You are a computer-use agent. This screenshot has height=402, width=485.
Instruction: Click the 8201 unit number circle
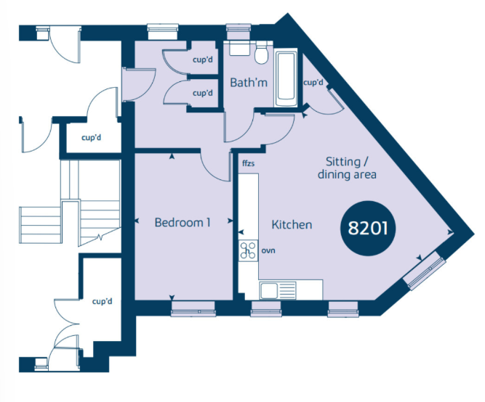click(x=368, y=228)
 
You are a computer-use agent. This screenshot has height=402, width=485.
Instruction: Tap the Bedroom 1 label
click(x=183, y=222)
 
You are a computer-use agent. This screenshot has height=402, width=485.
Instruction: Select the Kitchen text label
click(x=292, y=224)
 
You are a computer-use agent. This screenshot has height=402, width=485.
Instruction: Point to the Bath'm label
click(x=249, y=83)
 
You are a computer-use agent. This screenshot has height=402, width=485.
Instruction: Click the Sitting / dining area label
click(x=347, y=168)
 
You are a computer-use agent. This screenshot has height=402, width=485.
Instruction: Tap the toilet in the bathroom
click(x=262, y=52)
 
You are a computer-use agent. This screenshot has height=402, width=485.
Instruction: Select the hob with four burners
click(x=248, y=250)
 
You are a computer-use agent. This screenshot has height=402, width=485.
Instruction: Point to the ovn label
click(x=268, y=250)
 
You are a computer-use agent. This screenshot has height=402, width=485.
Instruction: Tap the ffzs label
click(x=249, y=163)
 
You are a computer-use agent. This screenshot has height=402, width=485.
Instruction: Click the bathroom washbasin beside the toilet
click(x=239, y=49)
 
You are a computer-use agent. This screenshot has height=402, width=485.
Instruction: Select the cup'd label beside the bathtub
click(x=313, y=83)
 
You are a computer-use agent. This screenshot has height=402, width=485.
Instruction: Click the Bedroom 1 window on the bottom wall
click(x=193, y=308)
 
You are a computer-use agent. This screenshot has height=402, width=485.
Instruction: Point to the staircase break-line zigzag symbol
click(x=100, y=237)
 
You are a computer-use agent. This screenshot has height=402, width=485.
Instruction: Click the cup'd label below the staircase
click(x=102, y=301)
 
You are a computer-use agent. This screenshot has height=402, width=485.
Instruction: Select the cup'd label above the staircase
click(x=91, y=137)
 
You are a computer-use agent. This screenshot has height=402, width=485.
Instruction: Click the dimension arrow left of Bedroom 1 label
click(x=137, y=221)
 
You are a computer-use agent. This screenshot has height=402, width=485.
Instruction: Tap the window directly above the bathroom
click(x=238, y=32)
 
